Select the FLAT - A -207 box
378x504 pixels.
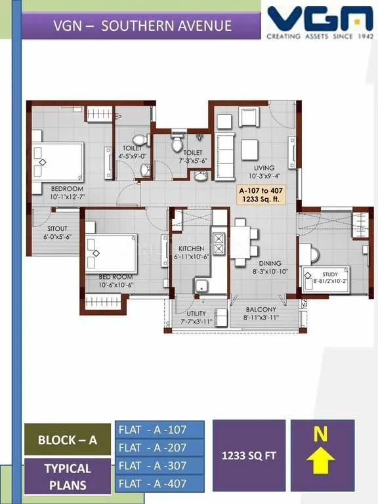(x=159, y=448)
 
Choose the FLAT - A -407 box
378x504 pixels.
(x=159, y=484)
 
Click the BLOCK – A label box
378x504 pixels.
(x=67, y=440)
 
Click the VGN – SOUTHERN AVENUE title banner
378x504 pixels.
(x=142, y=26)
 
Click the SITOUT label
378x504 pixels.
(x=53, y=232)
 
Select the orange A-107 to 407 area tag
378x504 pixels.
(x=262, y=196)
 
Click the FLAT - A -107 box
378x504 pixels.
(x=159, y=430)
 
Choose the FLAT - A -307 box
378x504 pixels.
(x=159, y=466)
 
